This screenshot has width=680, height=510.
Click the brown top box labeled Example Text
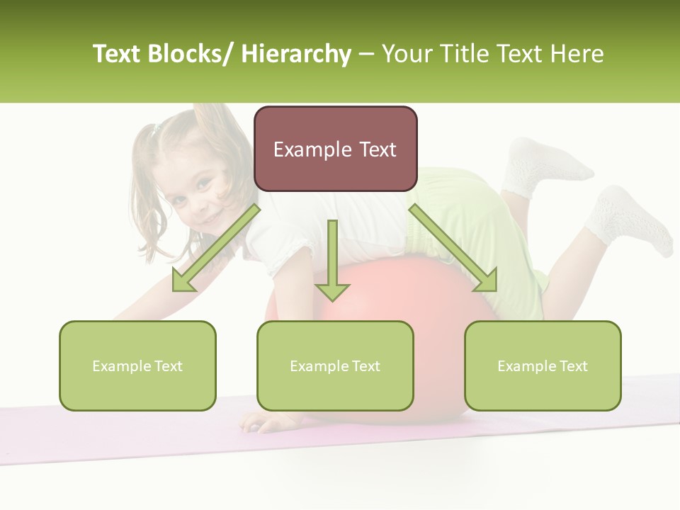coord(335,149)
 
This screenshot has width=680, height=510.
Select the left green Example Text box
coord(137,365)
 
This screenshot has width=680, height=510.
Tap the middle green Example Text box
coord(335,365)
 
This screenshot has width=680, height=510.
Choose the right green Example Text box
coord(543,365)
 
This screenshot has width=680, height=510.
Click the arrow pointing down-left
coord(216,248)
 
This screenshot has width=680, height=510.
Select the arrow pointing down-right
coord(453,248)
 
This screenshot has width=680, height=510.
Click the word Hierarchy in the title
coord(295,54)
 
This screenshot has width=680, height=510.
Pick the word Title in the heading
coord(464,54)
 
